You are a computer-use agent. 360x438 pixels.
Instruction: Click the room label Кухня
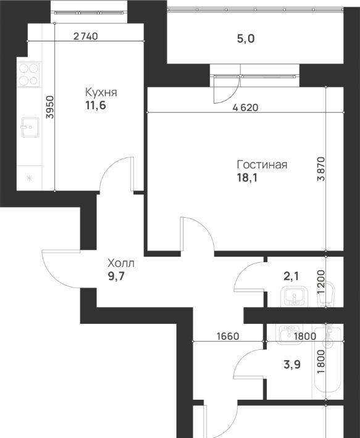coord(101,92)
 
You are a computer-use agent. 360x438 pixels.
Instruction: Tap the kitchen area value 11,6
coord(96,105)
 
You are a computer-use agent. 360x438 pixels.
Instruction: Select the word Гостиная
coord(262,165)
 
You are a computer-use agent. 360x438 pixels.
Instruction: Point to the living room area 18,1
coord(247,178)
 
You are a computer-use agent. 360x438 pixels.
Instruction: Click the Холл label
coord(121,263)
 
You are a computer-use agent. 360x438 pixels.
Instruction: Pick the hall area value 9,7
coord(115,276)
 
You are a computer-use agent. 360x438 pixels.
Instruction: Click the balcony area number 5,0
coord(246,39)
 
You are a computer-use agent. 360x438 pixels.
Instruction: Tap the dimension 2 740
coord(86,36)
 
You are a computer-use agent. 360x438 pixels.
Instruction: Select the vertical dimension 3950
coord(50,107)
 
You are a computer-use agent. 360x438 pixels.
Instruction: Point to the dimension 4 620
coord(245,107)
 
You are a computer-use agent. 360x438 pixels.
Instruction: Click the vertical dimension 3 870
coord(322,169)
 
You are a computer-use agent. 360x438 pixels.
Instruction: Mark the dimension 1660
coord(228,336)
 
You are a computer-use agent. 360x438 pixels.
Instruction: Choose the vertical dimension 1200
coord(322,281)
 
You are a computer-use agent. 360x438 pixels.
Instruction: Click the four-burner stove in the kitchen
coord(28,74)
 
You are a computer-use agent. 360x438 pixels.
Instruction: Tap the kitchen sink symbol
coord(30,127)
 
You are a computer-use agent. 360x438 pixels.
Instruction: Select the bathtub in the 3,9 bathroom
coord(327,358)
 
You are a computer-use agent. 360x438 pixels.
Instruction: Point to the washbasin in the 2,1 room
coord(294,297)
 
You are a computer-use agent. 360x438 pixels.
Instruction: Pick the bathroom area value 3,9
coord(292,365)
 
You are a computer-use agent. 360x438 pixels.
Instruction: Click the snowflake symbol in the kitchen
coord(29,178)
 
